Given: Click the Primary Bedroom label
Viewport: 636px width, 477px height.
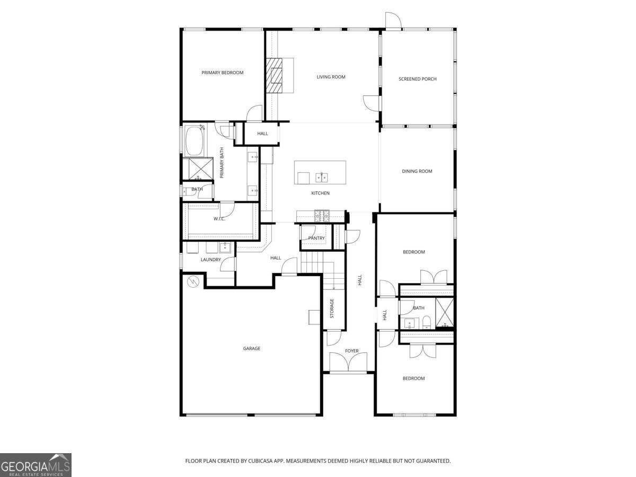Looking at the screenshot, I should point(222,73).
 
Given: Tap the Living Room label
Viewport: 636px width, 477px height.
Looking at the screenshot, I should point(331,77).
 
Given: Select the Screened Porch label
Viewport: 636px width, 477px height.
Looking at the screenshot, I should point(418,79).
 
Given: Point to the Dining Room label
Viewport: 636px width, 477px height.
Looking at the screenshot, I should point(417,171).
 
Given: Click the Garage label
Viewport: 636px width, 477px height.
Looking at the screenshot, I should point(252,348).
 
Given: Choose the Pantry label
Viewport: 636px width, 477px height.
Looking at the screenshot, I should point(316,238).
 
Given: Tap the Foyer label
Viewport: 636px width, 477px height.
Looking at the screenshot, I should point(352,351).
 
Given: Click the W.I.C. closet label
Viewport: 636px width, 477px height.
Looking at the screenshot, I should point(219,219).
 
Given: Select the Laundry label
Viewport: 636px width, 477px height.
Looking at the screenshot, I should point(210,260).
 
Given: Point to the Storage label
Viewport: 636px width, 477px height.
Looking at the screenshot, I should point(332,308).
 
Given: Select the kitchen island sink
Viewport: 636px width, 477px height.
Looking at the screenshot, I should point(321,176).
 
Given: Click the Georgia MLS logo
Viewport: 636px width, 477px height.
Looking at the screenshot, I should point(36,465).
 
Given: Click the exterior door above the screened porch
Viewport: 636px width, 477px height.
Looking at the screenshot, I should point(393,21).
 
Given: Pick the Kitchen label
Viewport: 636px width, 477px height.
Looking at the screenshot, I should point(320,193).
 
